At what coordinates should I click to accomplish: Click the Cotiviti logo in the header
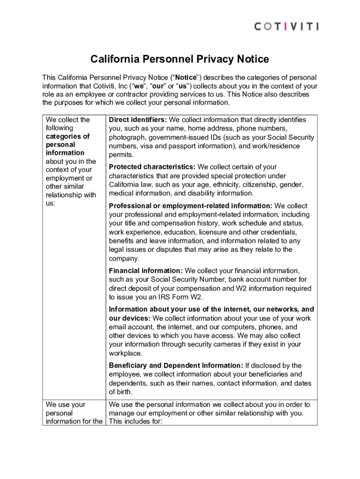click(286, 27)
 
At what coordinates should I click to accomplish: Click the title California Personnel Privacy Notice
click(180, 59)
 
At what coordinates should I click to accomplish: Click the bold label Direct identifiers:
click(137, 120)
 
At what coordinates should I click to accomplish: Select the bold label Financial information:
click(146, 271)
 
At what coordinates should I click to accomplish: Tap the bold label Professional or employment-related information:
click(190, 206)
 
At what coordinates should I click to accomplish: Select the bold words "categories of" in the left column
click(67, 137)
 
